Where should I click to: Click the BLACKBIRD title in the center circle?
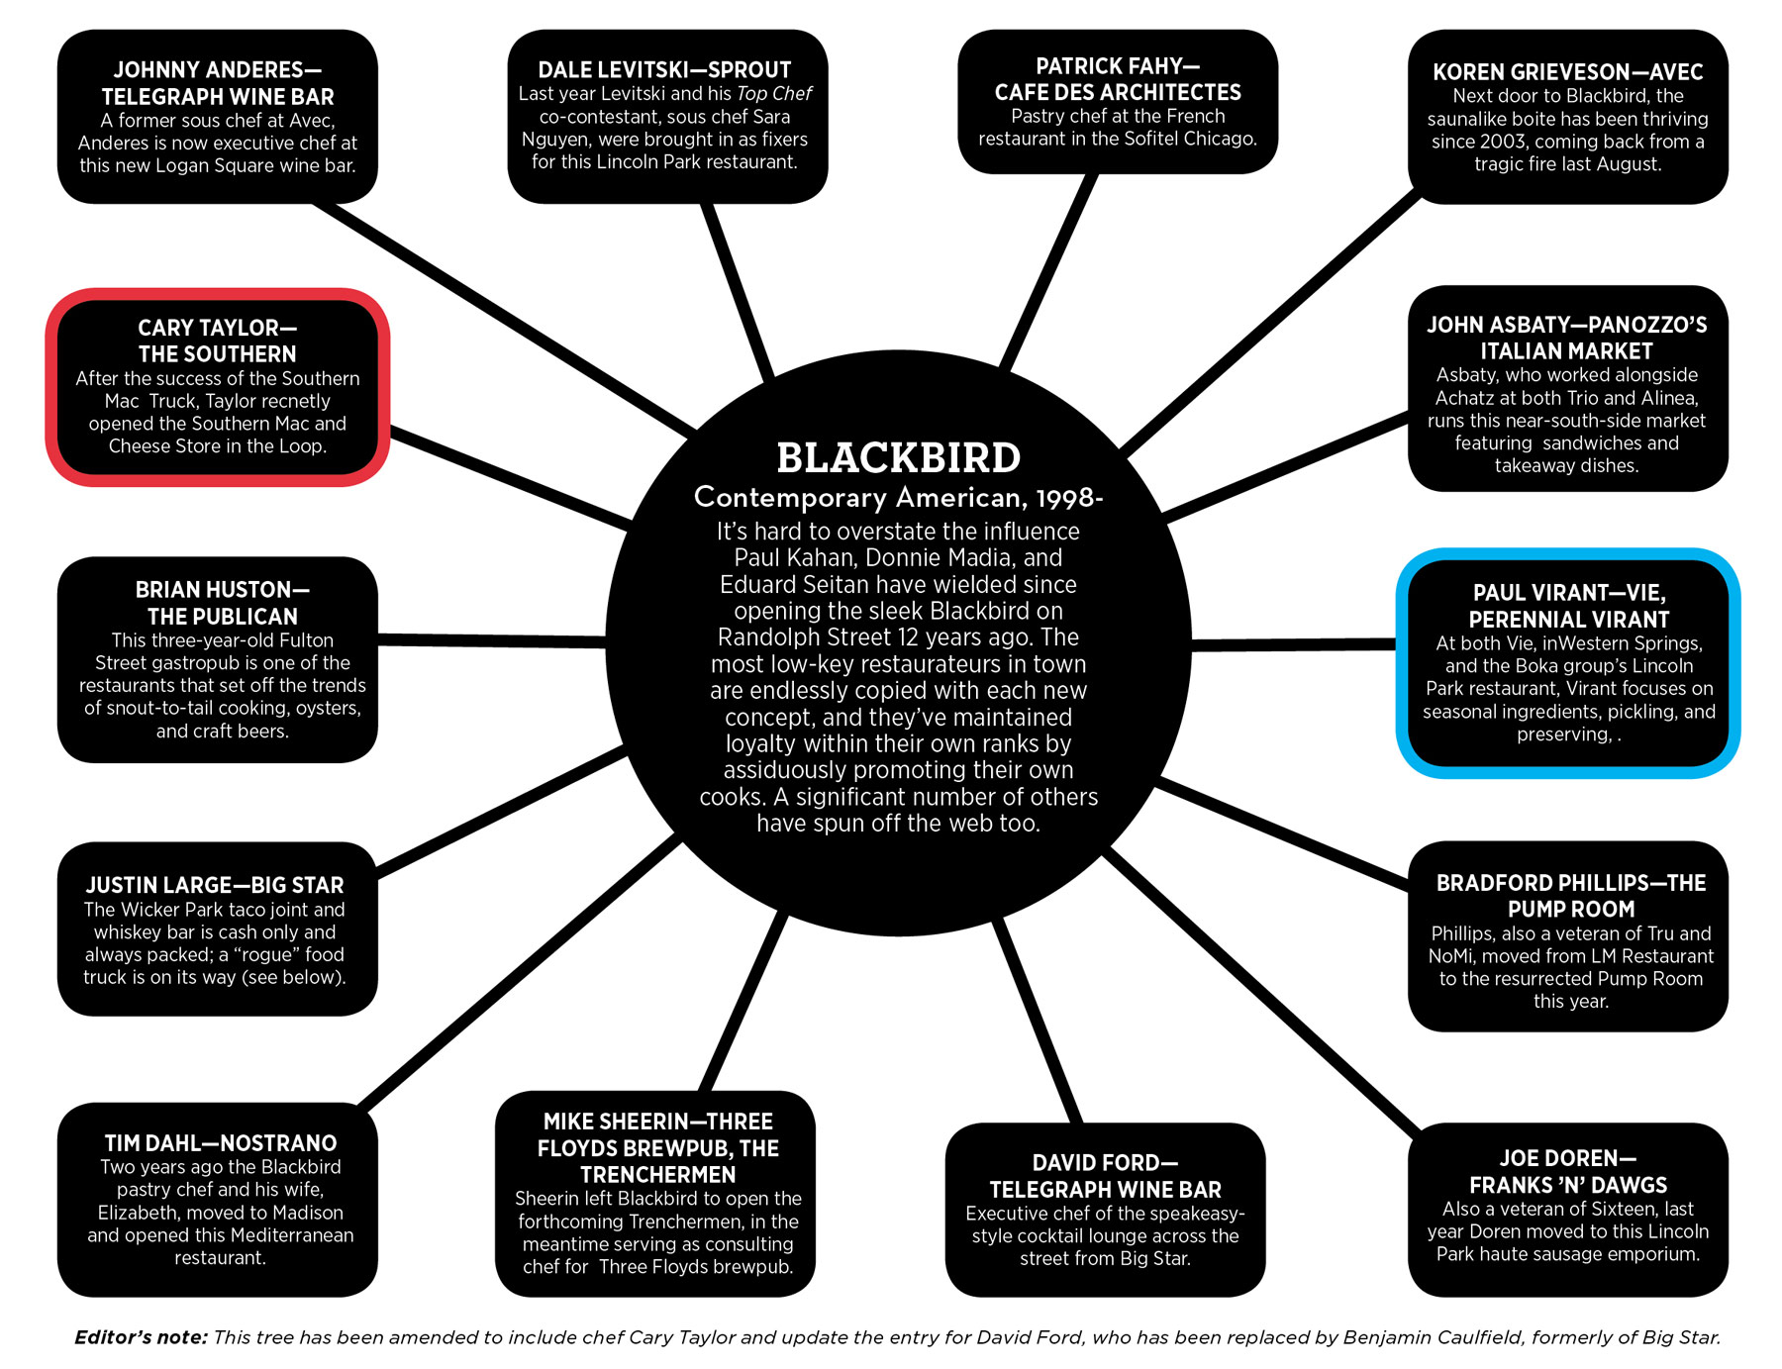click(x=898, y=458)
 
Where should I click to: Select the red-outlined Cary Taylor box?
click(x=217, y=387)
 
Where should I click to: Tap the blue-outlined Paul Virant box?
click(x=1568, y=662)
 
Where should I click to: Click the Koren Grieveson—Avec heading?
click(x=1567, y=72)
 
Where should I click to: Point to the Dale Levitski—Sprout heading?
click(x=664, y=70)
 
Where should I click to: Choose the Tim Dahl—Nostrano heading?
click(x=220, y=1143)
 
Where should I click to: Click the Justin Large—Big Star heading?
click(x=215, y=885)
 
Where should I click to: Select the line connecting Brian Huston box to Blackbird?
click(x=492, y=641)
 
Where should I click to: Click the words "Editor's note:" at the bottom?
click(x=141, y=1337)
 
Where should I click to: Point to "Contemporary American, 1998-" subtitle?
click(x=898, y=497)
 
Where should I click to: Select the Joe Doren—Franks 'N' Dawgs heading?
click(x=1567, y=1172)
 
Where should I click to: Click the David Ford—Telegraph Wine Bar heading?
click(x=1105, y=1176)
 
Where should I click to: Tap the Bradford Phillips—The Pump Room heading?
click(x=1570, y=896)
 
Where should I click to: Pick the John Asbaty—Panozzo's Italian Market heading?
click(x=1566, y=338)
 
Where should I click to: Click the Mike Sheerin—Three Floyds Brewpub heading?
click(x=657, y=1148)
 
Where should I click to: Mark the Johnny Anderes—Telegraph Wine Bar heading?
click(x=217, y=83)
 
